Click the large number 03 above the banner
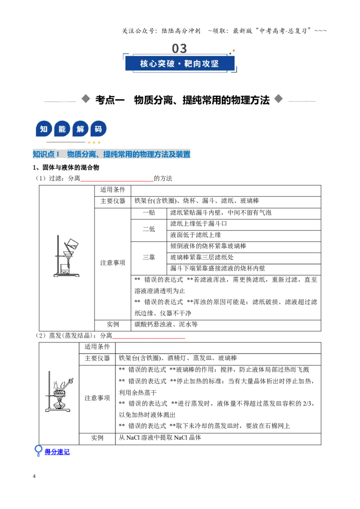pos(180,49)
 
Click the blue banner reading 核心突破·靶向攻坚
pos(180,63)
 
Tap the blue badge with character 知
pos(44,129)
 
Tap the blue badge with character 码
pos(99,129)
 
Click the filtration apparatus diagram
pos(66,256)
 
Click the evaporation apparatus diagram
pos(59,392)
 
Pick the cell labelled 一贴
pos(149,213)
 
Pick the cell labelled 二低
pos(149,229)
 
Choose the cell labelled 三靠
pos(149,257)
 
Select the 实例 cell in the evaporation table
pos(97,438)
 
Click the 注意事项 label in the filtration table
pos(113,263)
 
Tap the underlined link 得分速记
pos(57,452)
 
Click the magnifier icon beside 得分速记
pos(38,451)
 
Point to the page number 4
pos(34,476)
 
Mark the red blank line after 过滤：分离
pos(117,181)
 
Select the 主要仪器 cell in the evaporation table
pos(97,358)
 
